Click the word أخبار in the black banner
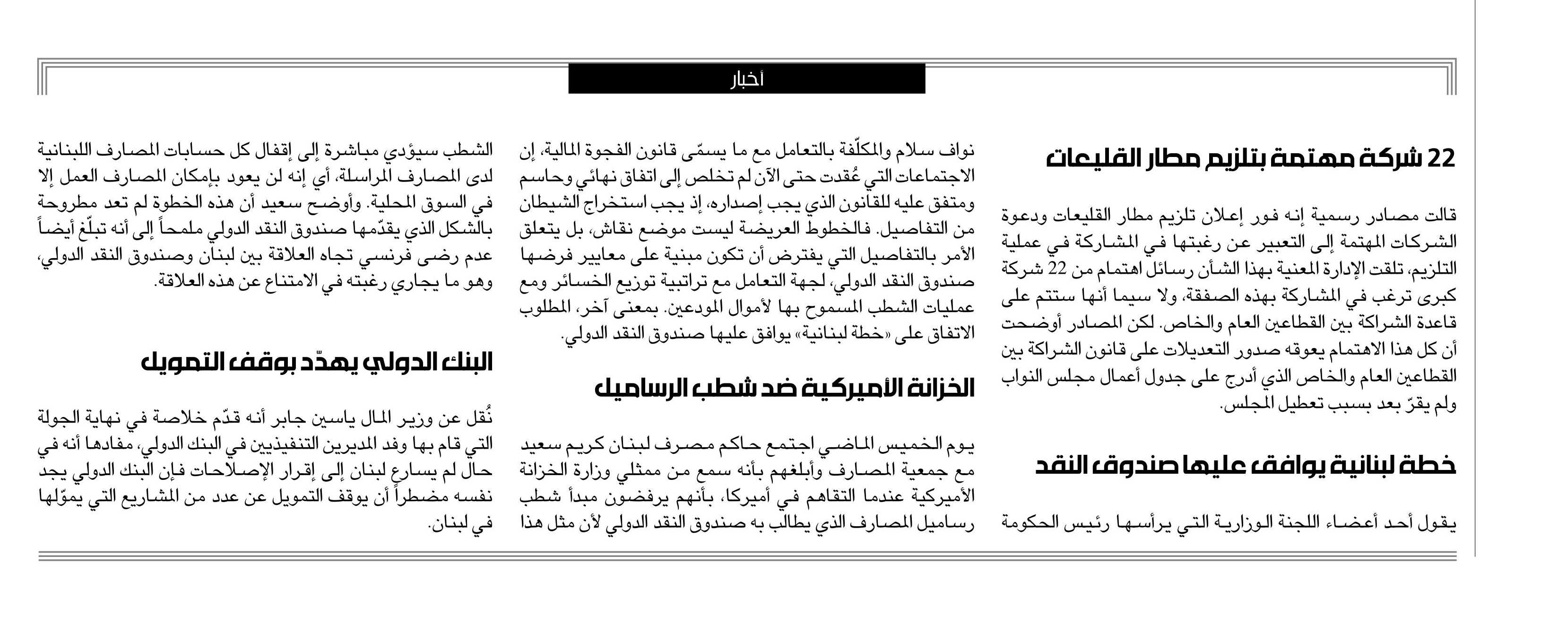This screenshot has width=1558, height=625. tap(747, 79)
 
